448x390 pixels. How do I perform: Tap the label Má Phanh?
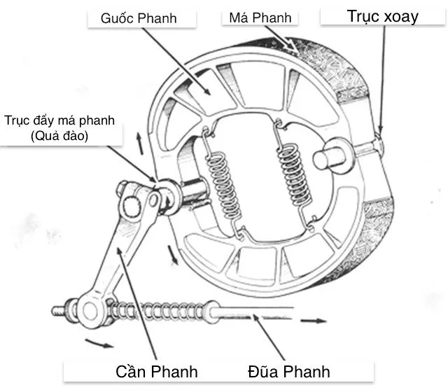260,17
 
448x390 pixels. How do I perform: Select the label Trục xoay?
382,16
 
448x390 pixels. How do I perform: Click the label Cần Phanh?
156,370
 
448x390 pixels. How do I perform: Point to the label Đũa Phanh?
288,370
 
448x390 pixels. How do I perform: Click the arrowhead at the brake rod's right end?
318,321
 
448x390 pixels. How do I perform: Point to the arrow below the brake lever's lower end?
97,344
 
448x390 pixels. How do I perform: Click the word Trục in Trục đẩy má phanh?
16,120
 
